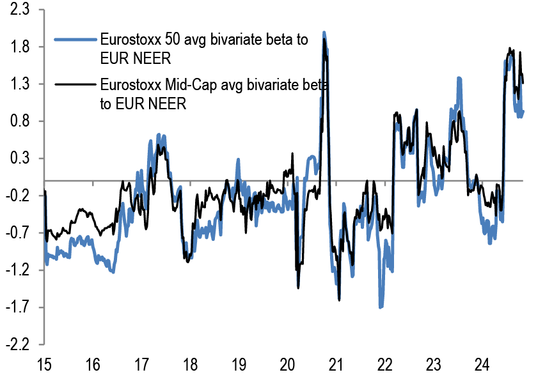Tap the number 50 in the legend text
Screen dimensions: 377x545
tap(171, 40)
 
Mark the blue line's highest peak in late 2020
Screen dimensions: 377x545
tap(324, 33)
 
